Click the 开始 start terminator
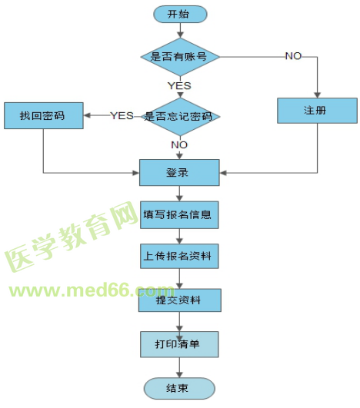coord(179,13)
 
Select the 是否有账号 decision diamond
coord(180,56)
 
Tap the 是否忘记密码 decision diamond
coord(180,116)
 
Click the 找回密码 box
coord(43,116)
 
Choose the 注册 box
coord(316,111)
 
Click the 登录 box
coord(179,172)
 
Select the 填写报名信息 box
coord(179,214)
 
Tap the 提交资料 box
coord(180,300)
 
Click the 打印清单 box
coord(179,343)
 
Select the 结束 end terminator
coord(179,386)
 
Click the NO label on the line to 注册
coord(293,56)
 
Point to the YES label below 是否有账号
coord(179,85)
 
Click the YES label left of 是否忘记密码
coord(122,116)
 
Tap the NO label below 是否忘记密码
coord(179,144)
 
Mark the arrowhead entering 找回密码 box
coord(87,116)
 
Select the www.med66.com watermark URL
coord(88,291)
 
